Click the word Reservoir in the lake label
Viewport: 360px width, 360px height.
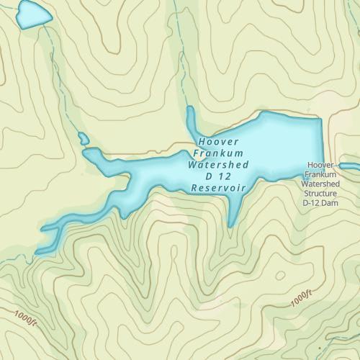(219, 188)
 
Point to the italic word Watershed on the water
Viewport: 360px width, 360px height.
(217, 165)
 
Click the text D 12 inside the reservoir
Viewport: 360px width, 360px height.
(217, 176)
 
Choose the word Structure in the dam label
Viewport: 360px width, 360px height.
(320, 194)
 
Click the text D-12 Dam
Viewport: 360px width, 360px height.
(320, 203)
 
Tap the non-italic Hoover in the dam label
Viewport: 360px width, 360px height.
(320, 165)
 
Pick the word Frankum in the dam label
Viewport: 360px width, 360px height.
(320, 174)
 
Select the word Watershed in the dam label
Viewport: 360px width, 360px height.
(320, 184)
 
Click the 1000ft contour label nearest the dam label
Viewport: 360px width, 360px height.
(302, 299)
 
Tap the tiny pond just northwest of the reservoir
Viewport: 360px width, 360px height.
(83, 138)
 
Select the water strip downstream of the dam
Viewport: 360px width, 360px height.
(350, 167)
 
